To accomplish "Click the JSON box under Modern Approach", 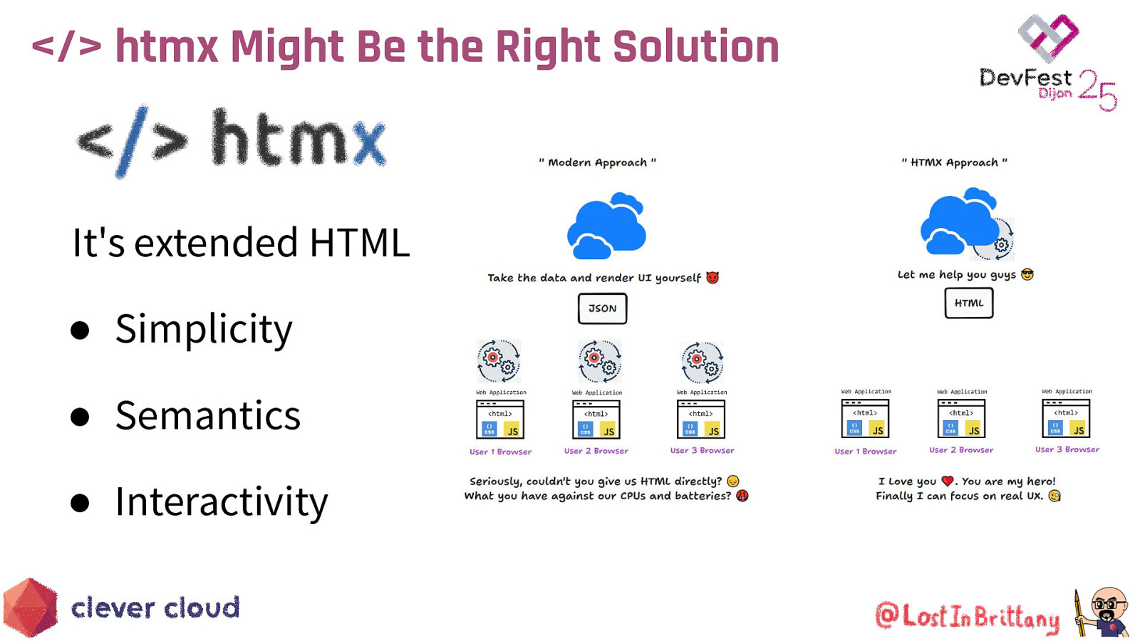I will click(602, 308).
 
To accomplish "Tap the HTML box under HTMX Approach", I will click(969, 303).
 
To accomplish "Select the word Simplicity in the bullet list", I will click(204, 329).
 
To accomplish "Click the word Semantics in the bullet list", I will click(208, 416).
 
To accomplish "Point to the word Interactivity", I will click(222, 502).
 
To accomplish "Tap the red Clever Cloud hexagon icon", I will click(30, 608).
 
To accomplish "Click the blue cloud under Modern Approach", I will click(606, 226).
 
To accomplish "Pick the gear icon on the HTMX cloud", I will click(1001, 245).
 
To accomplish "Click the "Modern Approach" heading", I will click(597, 162).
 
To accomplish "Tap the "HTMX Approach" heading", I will click(954, 162).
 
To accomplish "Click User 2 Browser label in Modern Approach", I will click(596, 451).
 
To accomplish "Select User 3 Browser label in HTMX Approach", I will click(1067, 449).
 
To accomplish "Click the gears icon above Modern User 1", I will click(499, 361).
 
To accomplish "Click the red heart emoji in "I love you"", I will click(947, 481).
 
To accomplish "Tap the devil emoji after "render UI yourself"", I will click(712, 278).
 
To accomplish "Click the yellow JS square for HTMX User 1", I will click(878, 429).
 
